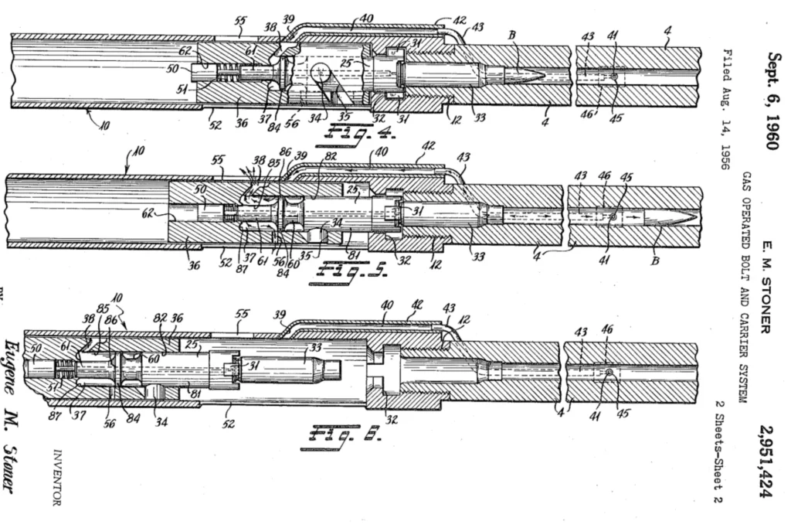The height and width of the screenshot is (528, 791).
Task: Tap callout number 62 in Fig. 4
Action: click(185, 51)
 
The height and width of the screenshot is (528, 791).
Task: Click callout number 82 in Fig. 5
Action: click(331, 156)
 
